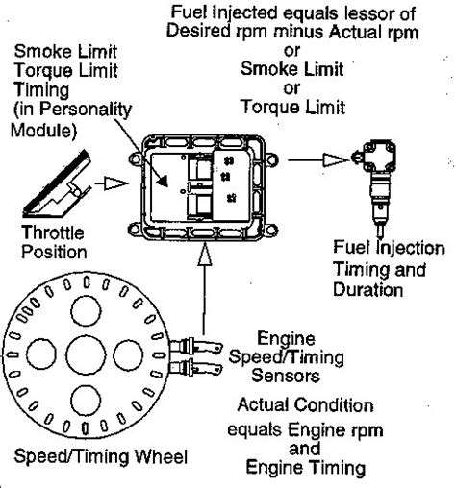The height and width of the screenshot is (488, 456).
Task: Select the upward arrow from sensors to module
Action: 201,278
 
